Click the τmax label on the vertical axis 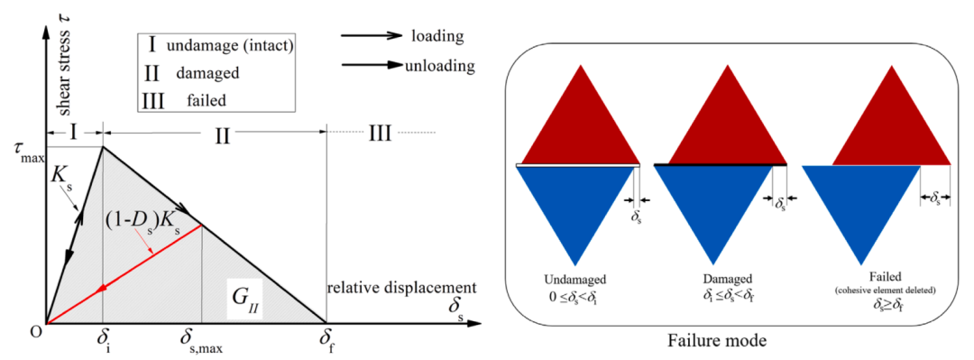[23, 154]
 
